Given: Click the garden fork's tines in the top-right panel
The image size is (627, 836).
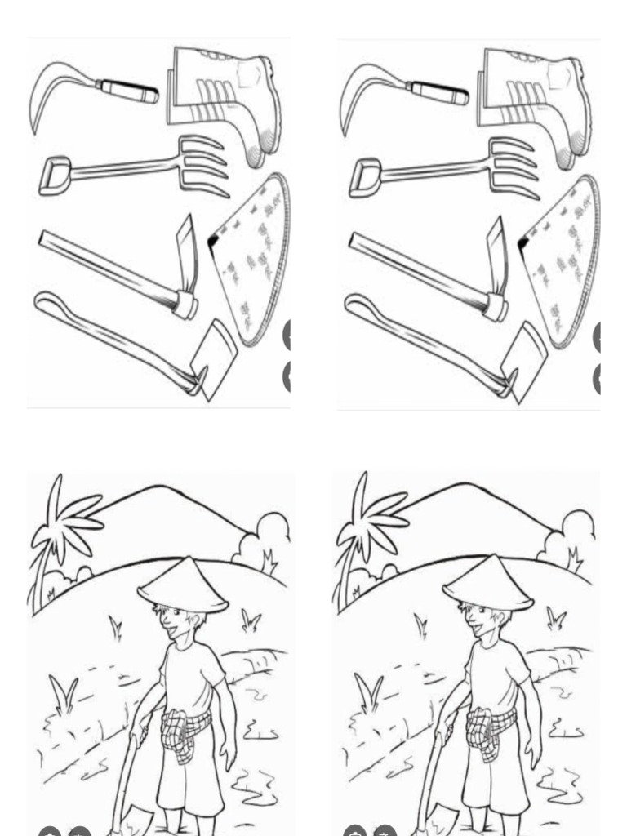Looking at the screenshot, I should (513, 167).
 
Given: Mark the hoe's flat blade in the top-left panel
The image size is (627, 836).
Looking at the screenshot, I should (215, 357).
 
